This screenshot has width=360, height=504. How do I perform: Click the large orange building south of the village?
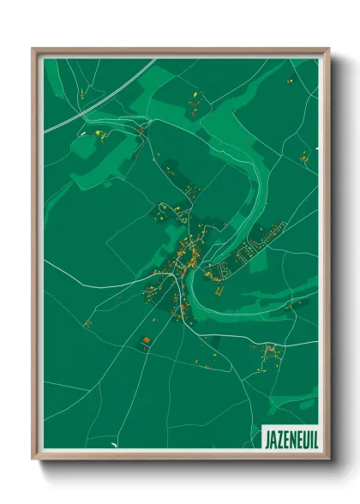[x=145, y=339]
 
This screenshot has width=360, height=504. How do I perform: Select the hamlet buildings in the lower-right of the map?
[x=270, y=351]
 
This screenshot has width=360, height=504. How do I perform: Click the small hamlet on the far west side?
[x=87, y=323]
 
